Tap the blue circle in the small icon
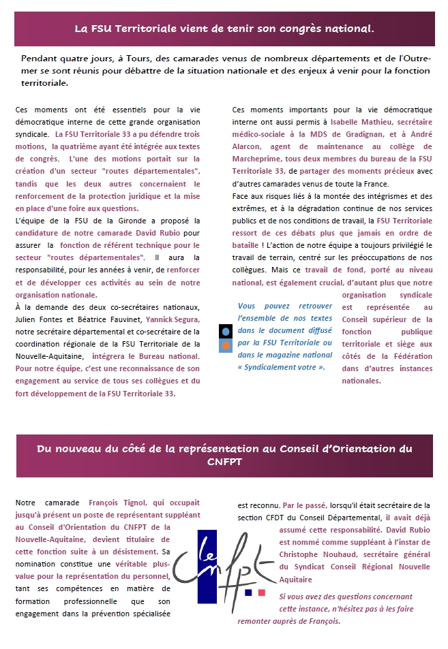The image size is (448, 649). click(x=226, y=332)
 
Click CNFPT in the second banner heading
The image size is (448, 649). click(x=224, y=462)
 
